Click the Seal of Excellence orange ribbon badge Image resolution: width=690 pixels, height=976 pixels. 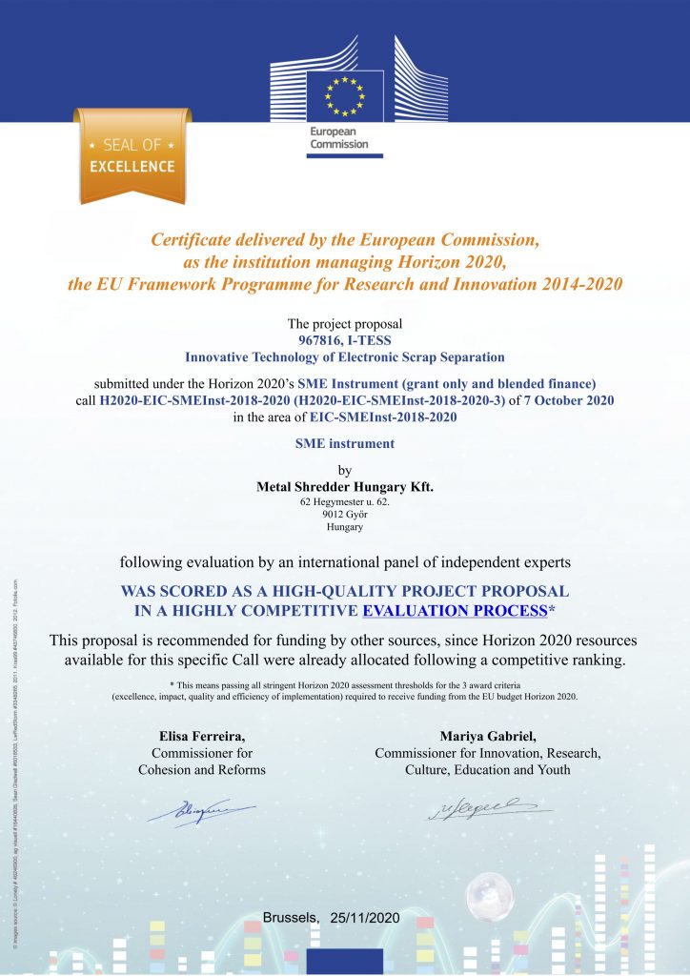pos(132,156)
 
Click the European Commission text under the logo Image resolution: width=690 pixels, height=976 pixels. pos(338,138)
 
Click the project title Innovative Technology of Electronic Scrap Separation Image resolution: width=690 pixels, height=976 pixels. pos(344,357)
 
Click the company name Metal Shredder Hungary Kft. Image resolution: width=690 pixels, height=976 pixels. pos(345,486)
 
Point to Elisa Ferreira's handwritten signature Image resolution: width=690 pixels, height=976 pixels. pos(213,812)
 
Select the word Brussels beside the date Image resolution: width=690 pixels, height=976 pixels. pos(291,918)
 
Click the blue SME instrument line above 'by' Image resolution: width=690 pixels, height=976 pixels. pos(344,443)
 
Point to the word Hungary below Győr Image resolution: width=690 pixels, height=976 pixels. pos(345,527)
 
